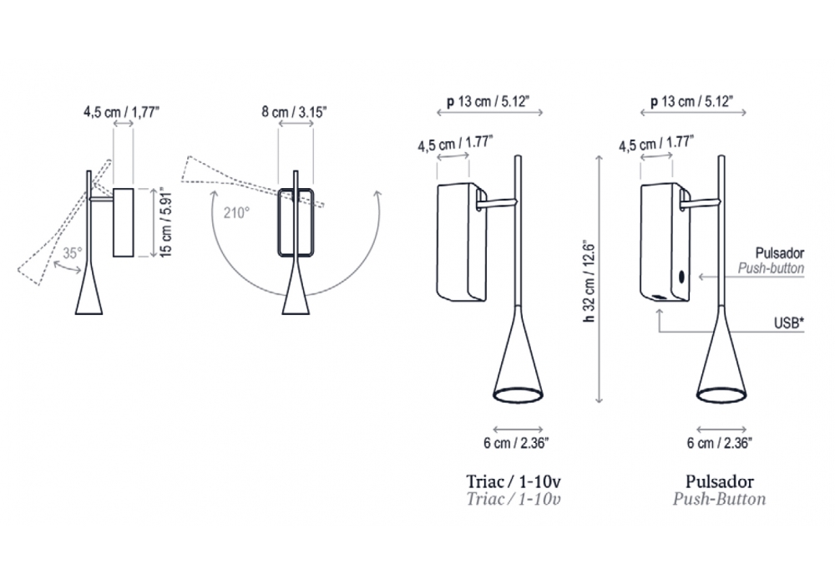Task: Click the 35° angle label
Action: (x=73, y=253)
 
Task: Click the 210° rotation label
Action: (x=236, y=213)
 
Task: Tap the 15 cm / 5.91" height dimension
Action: (x=166, y=222)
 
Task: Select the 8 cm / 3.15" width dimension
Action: (x=294, y=112)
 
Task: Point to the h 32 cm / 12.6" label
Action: (x=589, y=280)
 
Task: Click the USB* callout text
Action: (x=789, y=323)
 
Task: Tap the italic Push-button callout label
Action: (x=771, y=268)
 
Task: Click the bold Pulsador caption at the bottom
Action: (x=720, y=481)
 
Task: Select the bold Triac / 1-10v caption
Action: (x=514, y=481)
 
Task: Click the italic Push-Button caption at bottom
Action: (x=720, y=499)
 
